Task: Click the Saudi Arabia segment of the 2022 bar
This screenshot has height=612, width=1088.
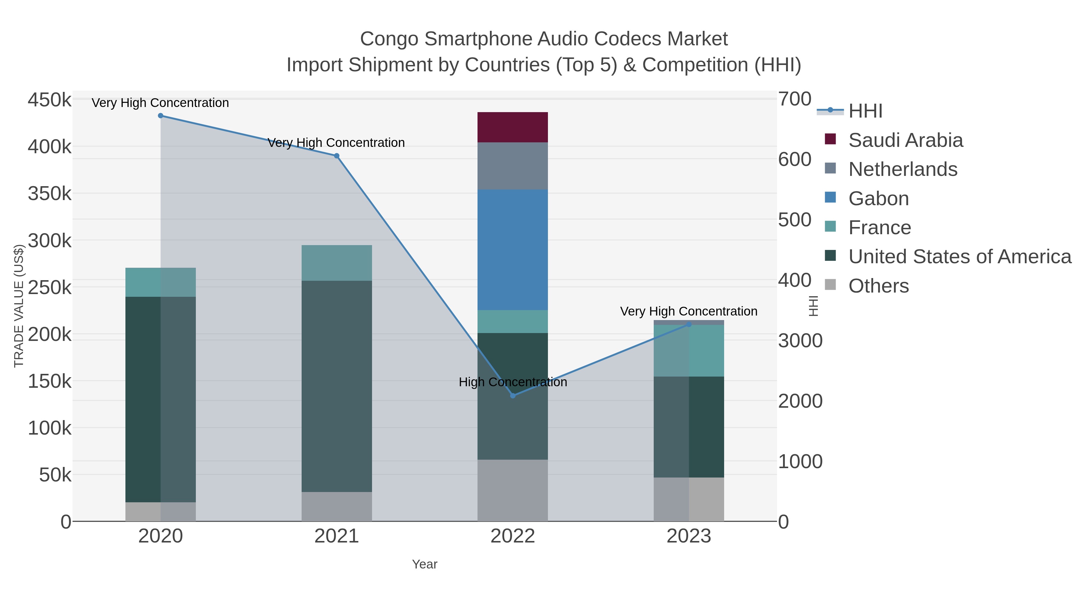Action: tap(512, 127)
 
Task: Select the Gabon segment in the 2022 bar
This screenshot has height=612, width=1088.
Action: tap(512, 249)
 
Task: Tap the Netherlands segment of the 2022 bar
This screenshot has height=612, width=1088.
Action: tap(512, 166)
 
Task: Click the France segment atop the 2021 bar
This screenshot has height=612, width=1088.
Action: tap(337, 263)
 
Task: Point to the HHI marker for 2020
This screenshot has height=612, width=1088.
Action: tap(160, 116)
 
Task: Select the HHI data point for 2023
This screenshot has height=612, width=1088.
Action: tap(689, 324)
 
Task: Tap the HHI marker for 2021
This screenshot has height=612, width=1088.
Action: tap(337, 156)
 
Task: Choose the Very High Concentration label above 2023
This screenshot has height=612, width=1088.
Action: tap(688, 311)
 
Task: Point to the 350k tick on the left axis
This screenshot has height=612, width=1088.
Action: tap(50, 194)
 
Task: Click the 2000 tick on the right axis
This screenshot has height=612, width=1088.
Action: tap(800, 401)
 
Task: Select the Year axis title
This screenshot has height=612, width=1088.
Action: tap(425, 564)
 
